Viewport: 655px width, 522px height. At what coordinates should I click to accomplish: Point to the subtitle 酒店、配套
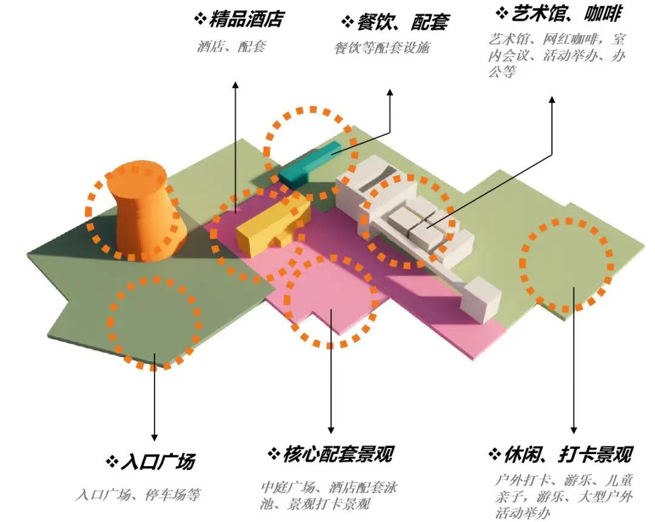pos(231,46)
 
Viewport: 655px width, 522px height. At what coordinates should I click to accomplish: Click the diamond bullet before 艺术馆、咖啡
pos(502,13)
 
